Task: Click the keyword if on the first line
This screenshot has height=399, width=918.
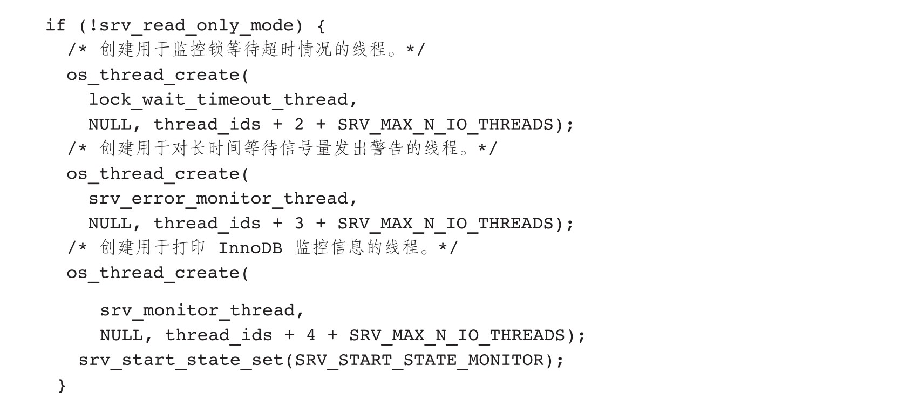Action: click(56, 25)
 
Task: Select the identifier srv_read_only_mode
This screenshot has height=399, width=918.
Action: click(196, 26)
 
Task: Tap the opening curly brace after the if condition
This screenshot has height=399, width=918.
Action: click(321, 26)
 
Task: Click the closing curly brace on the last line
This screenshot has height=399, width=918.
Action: click(62, 386)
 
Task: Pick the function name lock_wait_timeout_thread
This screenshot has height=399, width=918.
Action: click(219, 100)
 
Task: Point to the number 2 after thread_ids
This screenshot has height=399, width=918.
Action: click(299, 124)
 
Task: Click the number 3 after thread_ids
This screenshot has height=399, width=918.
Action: click(299, 223)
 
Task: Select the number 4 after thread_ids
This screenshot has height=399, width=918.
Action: click(311, 335)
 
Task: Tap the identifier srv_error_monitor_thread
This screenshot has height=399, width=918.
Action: click(219, 199)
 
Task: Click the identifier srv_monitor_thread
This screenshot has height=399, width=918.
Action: click(198, 310)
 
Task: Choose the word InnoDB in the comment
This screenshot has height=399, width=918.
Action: click(250, 248)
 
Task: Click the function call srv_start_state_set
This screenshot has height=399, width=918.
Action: click(181, 360)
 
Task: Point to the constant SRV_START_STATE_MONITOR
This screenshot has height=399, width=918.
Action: click(419, 360)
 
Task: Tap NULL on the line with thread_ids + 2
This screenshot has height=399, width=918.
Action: click(110, 124)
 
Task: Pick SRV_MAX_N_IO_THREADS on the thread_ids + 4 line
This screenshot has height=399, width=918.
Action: click(457, 335)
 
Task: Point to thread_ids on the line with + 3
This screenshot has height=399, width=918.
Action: click(207, 224)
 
